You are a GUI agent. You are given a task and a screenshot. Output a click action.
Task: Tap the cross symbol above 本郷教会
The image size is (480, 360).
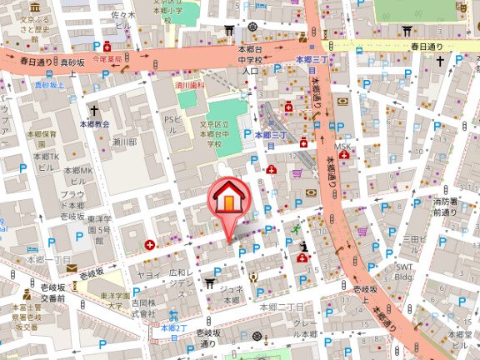coord(94,110)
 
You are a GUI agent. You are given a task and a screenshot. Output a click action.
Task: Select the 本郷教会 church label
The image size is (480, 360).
coord(94,123)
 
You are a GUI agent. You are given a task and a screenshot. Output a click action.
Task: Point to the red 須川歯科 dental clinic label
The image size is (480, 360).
coord(191,83)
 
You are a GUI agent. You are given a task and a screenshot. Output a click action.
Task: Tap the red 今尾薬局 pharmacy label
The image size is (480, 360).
coord(107,60)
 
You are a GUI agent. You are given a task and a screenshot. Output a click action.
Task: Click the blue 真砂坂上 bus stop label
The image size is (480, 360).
coord(49,84)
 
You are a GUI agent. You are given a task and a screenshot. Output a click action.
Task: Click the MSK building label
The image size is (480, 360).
coord(343,147)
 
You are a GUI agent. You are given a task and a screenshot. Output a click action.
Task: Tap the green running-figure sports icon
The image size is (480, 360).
coord(294,228)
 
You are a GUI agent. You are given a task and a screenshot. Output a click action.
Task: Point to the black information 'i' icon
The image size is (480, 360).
coord(305,247)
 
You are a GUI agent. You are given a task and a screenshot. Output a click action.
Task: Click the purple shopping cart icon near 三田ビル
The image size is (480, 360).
coord(362,232)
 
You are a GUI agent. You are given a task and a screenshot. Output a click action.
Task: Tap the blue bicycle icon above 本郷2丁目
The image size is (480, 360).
coord(172,316)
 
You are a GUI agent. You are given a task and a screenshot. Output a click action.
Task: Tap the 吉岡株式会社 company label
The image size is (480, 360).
coord(142,308)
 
